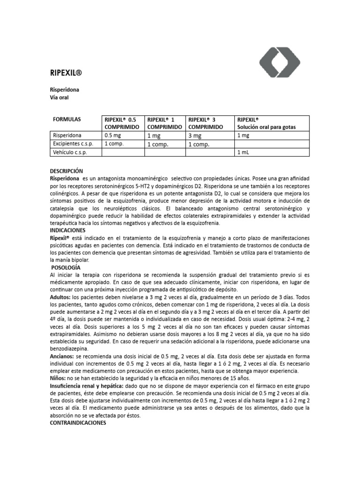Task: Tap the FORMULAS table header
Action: click(x=67, y=119)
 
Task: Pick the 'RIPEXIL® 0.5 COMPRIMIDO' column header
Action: click(x=123, y=123)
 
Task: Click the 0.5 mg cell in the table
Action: click(x=112, y=135)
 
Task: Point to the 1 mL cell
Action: click(x=244, y=152)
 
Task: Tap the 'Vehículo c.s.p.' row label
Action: click(x=70, y=152)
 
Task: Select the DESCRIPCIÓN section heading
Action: click(x=66, y=171)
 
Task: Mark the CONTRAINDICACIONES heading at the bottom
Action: click(x=78, y=422)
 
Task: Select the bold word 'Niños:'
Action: click(x=58, y=378)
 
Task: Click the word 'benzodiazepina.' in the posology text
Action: click(x=69, y=349)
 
